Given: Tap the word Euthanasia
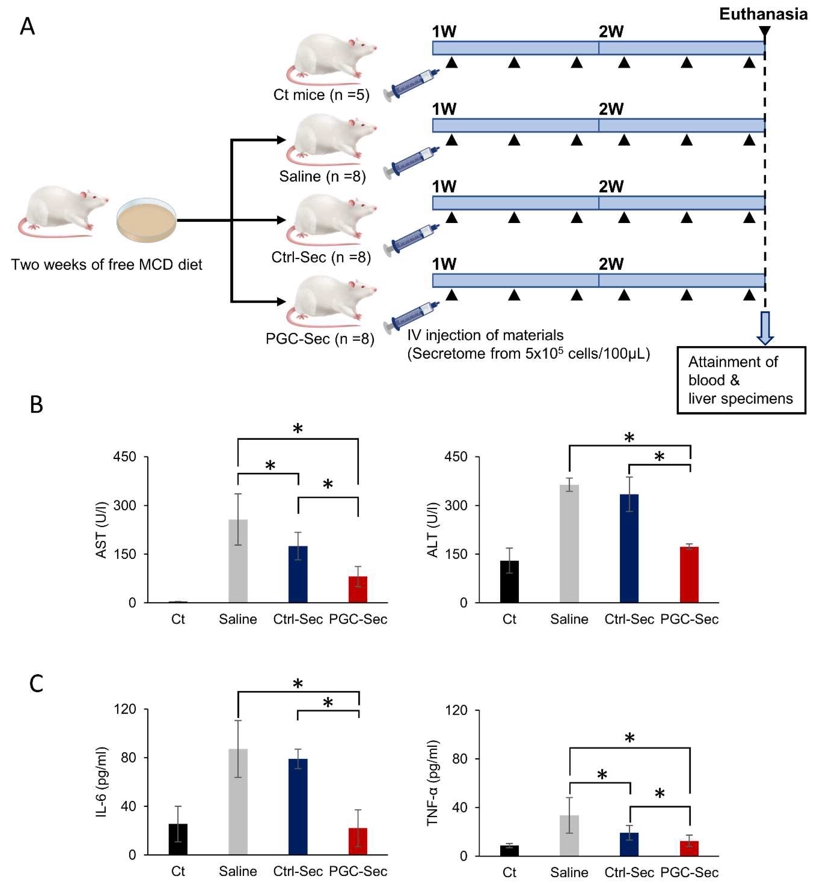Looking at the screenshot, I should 763,14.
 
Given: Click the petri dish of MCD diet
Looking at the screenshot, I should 146,220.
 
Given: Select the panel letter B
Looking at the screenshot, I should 36,404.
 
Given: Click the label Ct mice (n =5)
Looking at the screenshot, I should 321,95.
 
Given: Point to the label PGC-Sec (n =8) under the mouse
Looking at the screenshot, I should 320,339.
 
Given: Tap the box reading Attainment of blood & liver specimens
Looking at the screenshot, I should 741,380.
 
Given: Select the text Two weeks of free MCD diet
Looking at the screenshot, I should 106,264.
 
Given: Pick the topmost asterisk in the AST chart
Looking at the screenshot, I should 298,428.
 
